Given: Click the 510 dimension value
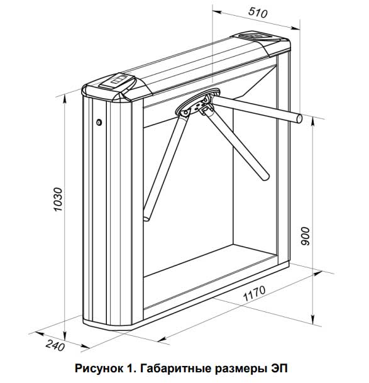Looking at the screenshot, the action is click(258, 13).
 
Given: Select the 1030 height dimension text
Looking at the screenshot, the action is click(58, 199).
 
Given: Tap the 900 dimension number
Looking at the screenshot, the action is click(306, 236).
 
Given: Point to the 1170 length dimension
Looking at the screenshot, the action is click(254, 293).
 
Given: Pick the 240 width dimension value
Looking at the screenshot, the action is click(55, 345).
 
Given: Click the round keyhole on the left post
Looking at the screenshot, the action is click(99, 122).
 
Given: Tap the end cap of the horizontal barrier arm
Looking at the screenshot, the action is click(299, 118).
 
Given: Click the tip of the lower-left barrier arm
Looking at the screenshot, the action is click(146, 218).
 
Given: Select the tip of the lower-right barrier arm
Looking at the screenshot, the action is click(265, 177).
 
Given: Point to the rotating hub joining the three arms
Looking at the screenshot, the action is click(198, 102).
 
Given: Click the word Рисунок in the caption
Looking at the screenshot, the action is click(99, 369).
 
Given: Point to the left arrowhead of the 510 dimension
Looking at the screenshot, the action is click(217, 12).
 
